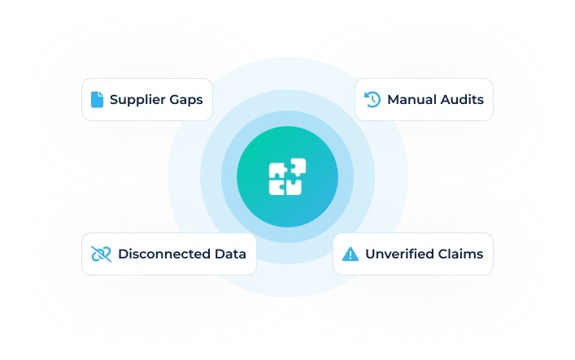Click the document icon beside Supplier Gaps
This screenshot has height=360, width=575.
(x=98, y=100)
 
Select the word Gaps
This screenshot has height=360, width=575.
(x=187, y=101)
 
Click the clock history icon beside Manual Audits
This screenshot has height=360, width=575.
(x=372, y=100)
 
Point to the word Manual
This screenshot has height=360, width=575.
(x=412, y=100)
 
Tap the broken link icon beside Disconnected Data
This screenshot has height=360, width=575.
(x=101, y=254)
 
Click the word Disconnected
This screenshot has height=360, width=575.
(x=159, y=254)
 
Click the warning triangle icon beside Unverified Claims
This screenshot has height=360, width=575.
(x=351, y=254)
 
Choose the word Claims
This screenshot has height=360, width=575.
(x=460, y=254)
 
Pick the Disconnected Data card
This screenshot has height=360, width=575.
(x=169, y=254)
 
